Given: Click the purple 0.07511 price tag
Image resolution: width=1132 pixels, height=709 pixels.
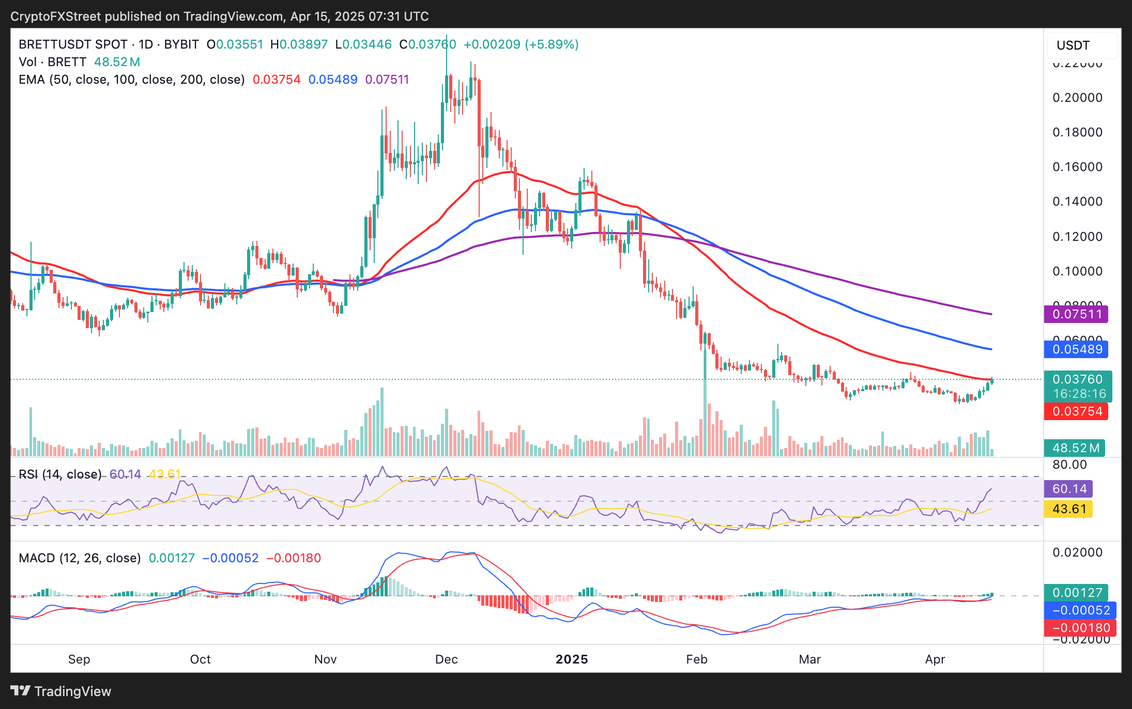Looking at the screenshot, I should click(1077, 314).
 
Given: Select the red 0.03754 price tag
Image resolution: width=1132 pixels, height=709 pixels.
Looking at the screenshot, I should click(1077, 411).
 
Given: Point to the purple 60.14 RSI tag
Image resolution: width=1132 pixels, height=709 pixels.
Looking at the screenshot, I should click(1069, 489).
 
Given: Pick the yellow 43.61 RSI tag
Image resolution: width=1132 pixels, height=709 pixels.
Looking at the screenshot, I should click(1069, 509).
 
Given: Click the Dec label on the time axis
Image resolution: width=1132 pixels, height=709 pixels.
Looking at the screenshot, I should click(446, 659).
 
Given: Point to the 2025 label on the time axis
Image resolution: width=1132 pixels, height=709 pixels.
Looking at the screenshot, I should click(572, 659).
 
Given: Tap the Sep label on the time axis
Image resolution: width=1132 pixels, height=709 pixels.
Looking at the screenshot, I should click(79, 659).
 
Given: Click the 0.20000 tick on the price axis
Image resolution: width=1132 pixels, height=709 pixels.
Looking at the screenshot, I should click(1078, 98).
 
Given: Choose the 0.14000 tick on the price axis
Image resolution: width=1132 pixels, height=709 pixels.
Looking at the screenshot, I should click(1078, 202).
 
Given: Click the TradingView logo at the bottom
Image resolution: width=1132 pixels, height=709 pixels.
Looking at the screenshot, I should click(61, 691).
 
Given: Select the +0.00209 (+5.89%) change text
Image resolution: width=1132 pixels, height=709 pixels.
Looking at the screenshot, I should click(521, 44).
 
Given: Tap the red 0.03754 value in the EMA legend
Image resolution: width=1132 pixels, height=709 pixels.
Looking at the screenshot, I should click(277, 80).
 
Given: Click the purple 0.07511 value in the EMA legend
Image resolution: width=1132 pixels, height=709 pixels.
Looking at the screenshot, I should click(387, 80).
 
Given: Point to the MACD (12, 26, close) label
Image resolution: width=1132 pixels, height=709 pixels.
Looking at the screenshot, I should click(80, 558).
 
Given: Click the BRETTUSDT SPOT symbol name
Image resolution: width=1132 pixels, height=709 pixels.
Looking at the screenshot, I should click(73, 44).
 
